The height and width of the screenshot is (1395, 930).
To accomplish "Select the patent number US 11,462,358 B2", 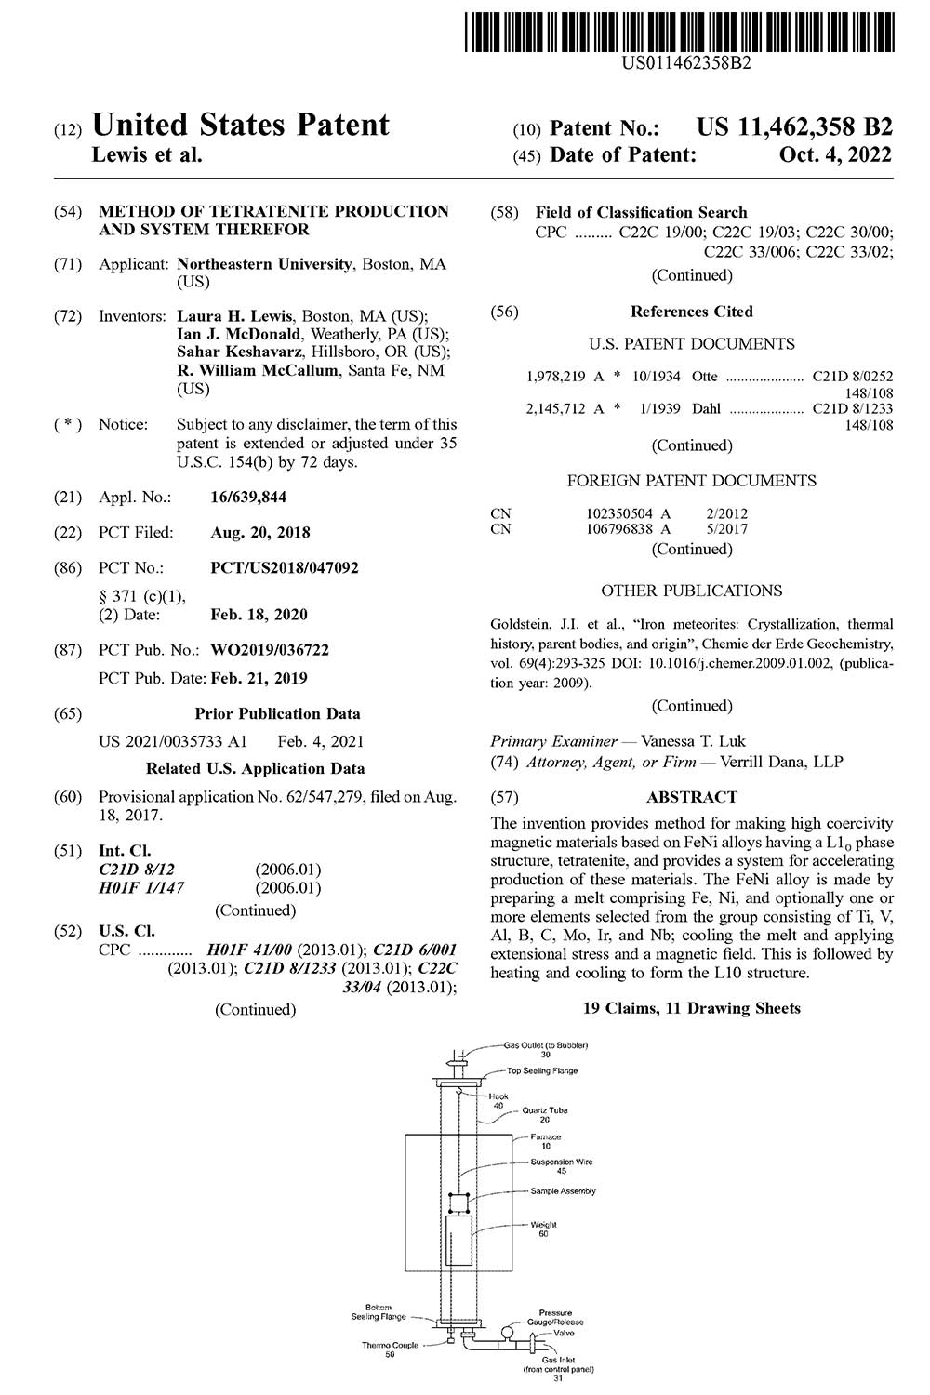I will pyautogui.click(x=794, y=127).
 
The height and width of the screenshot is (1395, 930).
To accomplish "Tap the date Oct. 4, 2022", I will pyautogui.click(x=835, y=155).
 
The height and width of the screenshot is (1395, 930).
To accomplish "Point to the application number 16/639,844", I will pyautogui.click(x=248, y=498).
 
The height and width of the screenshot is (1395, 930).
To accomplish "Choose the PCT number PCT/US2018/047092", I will pyautogui.click(x=285, y=567).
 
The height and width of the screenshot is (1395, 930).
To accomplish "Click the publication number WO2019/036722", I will pyautogui.click(x=270, y=650).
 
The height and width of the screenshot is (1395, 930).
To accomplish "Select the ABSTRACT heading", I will pyautogui.click(x=691, y=797).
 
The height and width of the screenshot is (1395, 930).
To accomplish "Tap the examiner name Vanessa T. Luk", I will pyautogui.click(x=693, y=741).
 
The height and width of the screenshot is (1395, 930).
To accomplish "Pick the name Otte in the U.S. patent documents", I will pyautogui.click(x=705, y=377).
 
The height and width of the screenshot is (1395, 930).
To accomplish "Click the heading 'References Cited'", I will pyautogui.click(x=691, y=312).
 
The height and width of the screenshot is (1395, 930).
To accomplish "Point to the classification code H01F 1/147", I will pyautogui.click(x=141, y=887).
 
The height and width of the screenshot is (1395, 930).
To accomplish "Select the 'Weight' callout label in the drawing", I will pyautogui.click(x=543, y=1225).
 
